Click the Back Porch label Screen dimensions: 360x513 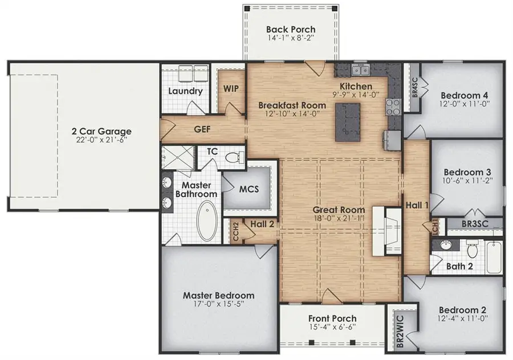pos(291,30)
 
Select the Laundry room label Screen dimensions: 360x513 pos(185,91)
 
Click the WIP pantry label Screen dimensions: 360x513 pos(231,89)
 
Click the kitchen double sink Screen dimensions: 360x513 pos(360,71)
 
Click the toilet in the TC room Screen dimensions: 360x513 pos(233,157)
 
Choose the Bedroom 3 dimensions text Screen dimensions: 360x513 pos(467,181)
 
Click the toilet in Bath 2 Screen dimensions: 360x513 pos(472,249)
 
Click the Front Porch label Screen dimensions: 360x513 pos(332,318)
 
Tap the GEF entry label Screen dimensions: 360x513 pos(202,129)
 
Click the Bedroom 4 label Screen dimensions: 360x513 pos(467,95)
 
